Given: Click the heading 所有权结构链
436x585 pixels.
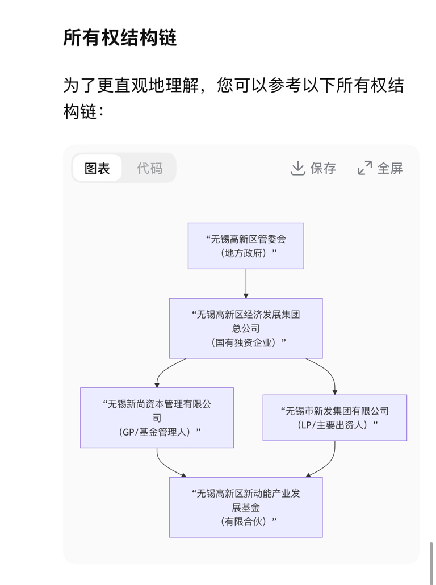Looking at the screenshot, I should point(120,37).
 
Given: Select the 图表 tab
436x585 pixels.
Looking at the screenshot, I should point(97,168).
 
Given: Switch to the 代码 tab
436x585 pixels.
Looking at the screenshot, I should point(149,168).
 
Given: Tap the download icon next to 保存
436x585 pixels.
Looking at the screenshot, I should point(297,168).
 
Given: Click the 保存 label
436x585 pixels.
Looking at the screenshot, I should point(323,168).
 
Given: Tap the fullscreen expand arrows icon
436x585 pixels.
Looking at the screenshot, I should point(364,168).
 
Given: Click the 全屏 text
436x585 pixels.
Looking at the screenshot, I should point(390,168).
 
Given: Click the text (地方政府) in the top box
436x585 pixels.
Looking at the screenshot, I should point(246,253).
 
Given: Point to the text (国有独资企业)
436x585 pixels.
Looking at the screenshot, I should point(246,342).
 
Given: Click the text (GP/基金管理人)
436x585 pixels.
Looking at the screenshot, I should point(157,432).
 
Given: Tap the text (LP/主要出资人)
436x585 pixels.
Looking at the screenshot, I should point(334,425).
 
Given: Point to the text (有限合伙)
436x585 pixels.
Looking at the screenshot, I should point(246,521).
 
